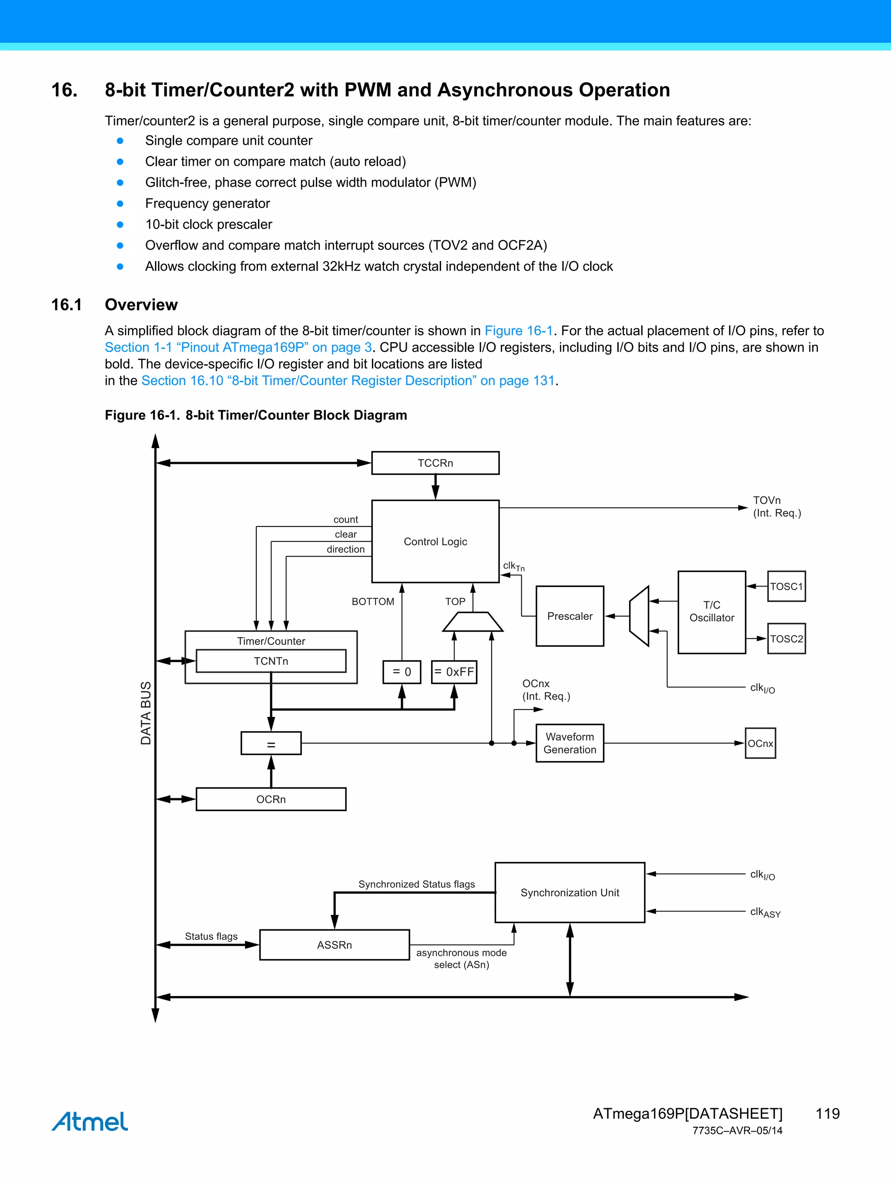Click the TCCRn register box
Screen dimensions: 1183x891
[x=435, y=463]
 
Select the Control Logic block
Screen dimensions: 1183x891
[x=435, y=541]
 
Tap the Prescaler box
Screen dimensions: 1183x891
[x=569, y=616]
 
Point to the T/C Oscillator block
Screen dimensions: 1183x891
[x=711, y=612]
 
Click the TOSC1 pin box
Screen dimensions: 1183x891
[x=786, y=586]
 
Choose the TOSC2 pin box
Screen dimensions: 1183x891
[x=786, y=639]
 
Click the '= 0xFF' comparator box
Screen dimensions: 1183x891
[x=454, y=672]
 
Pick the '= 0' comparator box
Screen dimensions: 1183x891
[x=402, y=672]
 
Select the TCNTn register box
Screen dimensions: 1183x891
[x=271, y=661]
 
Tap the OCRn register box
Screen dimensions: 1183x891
[x=271, y=799]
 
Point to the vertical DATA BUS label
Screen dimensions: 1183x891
[x=145, y=713]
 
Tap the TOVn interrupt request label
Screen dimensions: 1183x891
[x=776, y=506]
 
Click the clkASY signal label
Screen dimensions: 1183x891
[x=765, y=912]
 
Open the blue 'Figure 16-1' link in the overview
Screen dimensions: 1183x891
[x=518, y=331]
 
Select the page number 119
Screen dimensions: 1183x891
[x=827, y=1113]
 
